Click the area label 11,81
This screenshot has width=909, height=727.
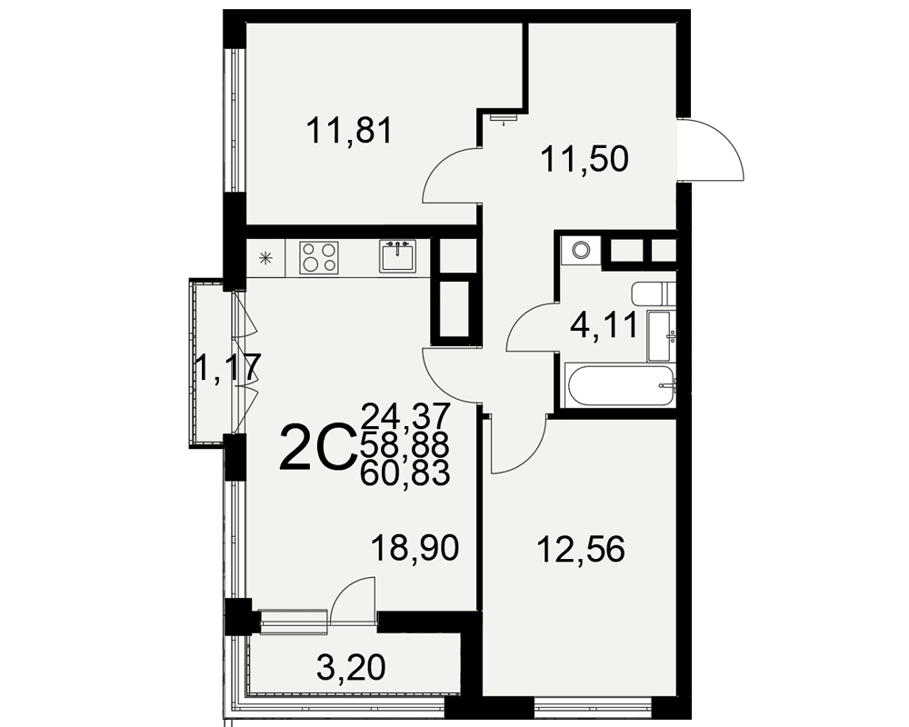350,131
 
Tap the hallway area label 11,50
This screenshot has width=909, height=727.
584,158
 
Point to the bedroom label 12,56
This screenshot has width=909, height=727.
582,549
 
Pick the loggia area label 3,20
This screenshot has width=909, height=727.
351,667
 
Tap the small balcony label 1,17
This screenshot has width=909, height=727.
225,367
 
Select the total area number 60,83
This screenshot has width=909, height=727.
405,473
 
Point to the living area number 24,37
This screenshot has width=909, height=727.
405,415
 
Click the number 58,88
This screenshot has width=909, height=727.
405,444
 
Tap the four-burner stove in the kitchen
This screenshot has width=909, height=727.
319,258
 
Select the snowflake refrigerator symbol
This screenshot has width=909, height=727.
266,258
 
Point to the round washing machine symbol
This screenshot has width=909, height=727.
580,251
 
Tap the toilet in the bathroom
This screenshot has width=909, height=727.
654,295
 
